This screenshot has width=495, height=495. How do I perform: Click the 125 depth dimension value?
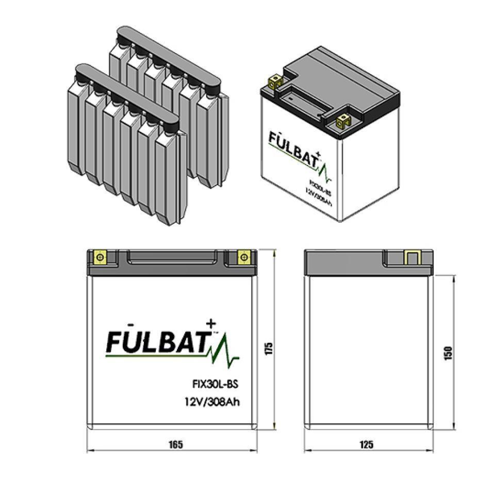367,444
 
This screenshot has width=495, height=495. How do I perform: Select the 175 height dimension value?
269,349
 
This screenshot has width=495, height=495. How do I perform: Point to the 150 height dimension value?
448,353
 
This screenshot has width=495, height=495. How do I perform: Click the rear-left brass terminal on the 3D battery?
275,80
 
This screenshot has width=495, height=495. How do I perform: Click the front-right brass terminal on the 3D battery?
342,121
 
